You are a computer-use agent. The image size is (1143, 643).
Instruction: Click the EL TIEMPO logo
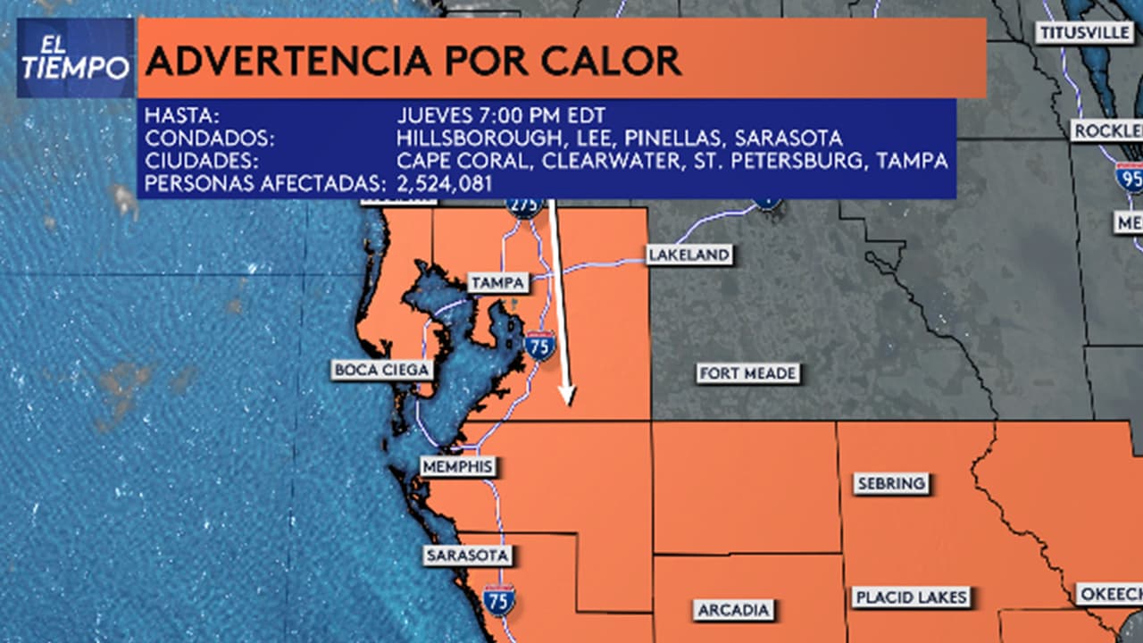coord(75,58)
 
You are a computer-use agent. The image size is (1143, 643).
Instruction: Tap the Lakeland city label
coord(688,255)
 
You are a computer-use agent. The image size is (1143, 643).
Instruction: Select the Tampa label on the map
coord(498,283)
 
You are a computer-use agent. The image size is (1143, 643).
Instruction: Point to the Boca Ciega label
coord(382,370)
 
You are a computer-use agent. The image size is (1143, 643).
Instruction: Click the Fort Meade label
coord(747,373)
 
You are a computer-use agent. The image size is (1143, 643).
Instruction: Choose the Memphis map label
coord(457,466)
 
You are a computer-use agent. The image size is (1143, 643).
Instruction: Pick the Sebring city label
coord(891,484)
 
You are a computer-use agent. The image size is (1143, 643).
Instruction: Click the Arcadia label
coord(733,611)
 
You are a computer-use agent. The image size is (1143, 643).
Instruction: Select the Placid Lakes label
coord(911,597)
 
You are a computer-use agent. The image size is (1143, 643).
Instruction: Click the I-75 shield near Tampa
coord(539,345)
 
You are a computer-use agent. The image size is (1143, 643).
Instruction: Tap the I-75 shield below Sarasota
coord(499,600)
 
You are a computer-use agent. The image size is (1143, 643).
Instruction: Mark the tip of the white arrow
coord(566,404)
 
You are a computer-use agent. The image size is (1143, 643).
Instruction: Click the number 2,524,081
coord(444,184)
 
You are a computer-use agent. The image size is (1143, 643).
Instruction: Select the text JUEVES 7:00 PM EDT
coord(501,115)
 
